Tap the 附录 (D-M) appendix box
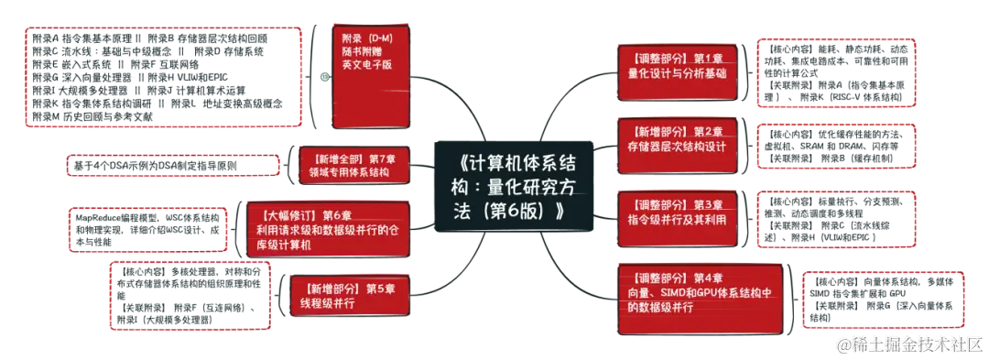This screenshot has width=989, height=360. point(370,77)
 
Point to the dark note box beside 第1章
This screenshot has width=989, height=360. point(836,71)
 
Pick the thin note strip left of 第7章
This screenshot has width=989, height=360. point(172,167)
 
